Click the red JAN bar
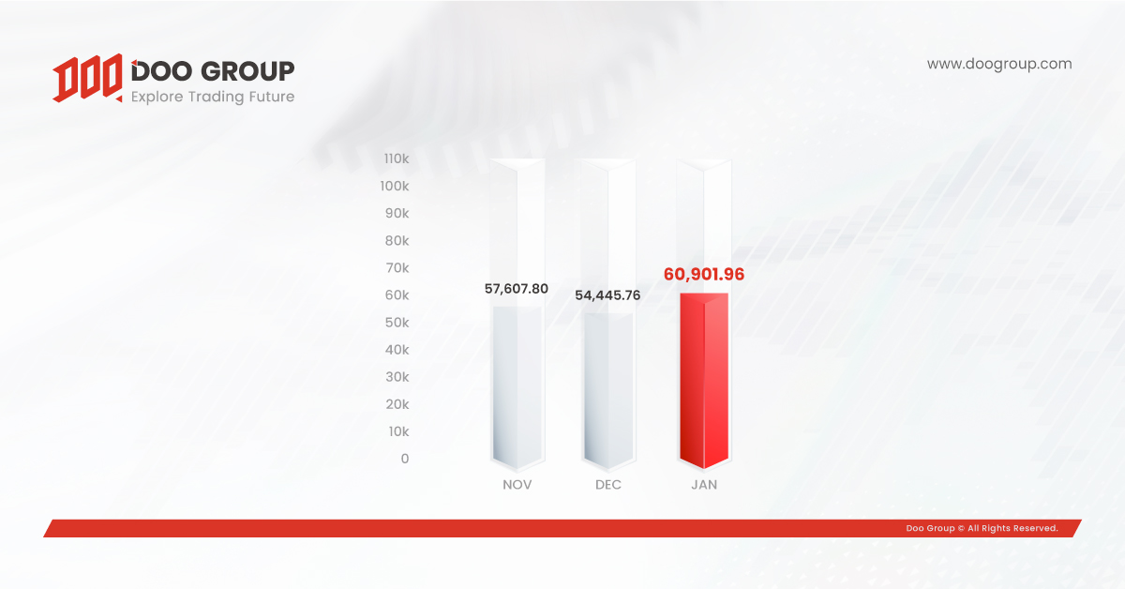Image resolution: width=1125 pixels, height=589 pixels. (704, 381)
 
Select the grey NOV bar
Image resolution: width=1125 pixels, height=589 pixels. (517, 387)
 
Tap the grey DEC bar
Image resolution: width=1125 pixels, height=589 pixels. (608, 391)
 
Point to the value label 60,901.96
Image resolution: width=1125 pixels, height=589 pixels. (704, 275)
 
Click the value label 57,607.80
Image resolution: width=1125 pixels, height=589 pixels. (517, 289)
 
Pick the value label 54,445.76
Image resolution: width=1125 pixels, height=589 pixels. (607, 295)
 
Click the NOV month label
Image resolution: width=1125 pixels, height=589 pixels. (517, 485)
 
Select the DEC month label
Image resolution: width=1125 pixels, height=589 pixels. (608, 485)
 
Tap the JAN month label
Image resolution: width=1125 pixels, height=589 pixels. (704, 485)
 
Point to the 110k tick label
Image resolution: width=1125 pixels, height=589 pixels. (397, 159)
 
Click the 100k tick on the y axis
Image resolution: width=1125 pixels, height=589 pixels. (395, 186)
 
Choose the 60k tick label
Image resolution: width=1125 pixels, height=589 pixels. (397, 295)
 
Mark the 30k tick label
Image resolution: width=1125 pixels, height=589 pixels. (397, 377)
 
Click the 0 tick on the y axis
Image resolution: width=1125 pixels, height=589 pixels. (405, 459)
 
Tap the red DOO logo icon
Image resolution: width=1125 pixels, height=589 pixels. (87, 78)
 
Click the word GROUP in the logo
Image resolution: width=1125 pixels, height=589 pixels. (247, 71)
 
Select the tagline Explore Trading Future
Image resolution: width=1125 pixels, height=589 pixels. (213, 97)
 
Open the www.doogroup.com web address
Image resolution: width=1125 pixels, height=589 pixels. (999, 65)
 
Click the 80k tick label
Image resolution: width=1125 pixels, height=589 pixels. (397, 241)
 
